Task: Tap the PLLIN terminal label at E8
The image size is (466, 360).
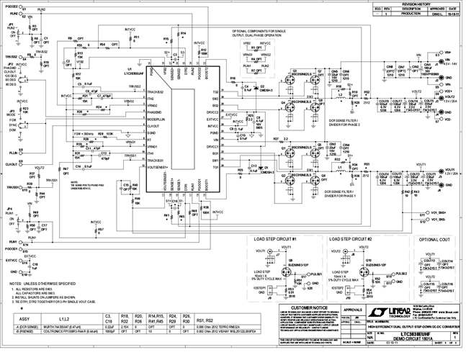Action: [x=13, y=153]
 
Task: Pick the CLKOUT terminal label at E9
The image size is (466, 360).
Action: [x=13, y=164]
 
